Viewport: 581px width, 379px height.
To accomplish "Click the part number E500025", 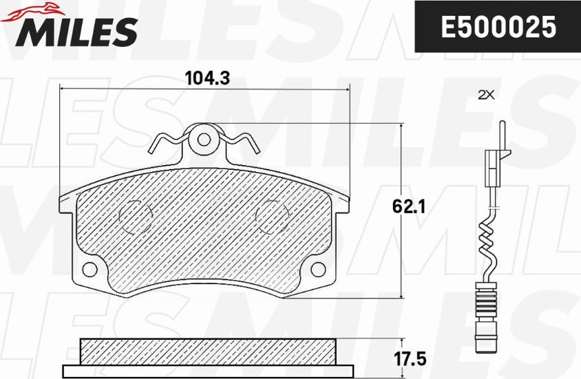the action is pyautogui.click(x=498, y=27).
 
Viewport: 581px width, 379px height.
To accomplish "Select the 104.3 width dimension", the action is pyautogui.click(x=207, y=78).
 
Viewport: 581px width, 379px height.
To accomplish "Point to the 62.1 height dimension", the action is pyautogui.click(x=409, y=206).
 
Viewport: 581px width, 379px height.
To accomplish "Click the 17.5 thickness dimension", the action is pyautogui.click(x=410, y=359).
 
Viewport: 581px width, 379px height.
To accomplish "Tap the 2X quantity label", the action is pyautogui.click(x=486, y=96).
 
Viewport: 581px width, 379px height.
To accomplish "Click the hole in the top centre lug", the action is pyautogui.click(x=204, y=140).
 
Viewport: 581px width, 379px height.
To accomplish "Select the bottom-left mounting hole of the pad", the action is pyautogui.click(x=89, y=269).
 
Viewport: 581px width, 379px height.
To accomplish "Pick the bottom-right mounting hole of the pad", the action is pyautogui.click(x=318, y=269).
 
